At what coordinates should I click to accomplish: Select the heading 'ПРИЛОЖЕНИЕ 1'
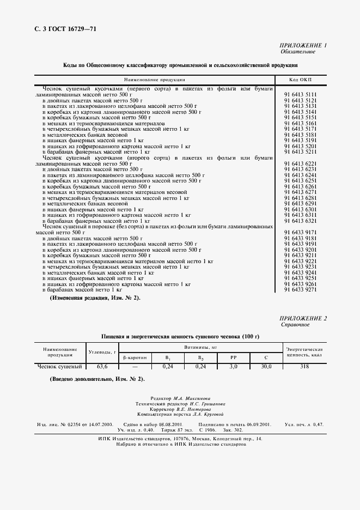(303, 45)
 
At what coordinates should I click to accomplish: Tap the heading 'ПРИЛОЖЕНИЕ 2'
(303, 318)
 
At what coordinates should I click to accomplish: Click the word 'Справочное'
(295, 325)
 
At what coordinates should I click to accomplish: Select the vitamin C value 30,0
(266, 367)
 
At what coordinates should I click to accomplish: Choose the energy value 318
(304, 367)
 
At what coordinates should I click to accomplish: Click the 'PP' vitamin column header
(233, 357)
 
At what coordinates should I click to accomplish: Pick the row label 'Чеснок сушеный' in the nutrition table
(59, 367)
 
